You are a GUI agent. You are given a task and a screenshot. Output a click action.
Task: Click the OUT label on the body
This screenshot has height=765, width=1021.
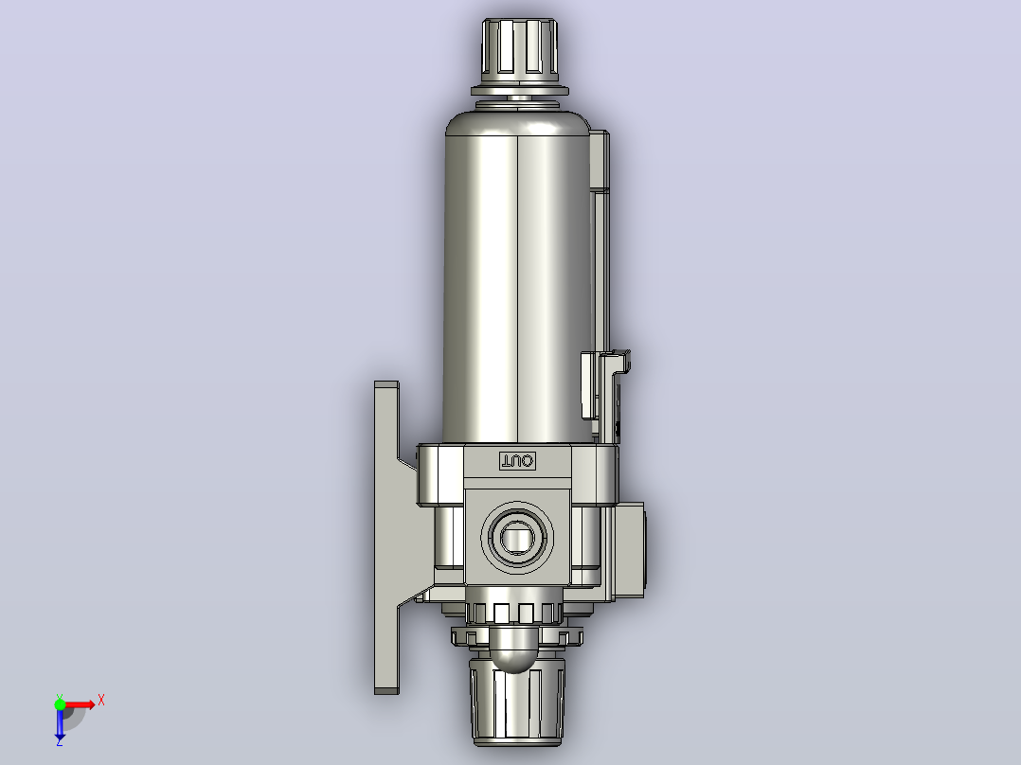[x=518, y=461]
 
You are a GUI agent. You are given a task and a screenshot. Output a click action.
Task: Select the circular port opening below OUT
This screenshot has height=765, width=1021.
[x=518, y=537]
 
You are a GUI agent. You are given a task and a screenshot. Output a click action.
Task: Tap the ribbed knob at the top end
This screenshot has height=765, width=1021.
[x=520, y=51]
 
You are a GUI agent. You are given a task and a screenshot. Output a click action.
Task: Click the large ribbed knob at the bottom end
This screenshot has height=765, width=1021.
[x=517, y=702]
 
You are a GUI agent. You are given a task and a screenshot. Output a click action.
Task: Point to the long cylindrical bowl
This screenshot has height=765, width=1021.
[x=518, y=280]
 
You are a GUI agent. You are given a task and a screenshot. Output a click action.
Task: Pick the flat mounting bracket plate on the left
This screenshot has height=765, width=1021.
[x=386, y=538]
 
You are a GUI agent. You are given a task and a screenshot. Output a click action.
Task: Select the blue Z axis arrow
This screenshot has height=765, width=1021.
[x=60, y=721]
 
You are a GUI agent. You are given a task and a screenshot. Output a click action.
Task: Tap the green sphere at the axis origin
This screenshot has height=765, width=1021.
[x=60, y=704]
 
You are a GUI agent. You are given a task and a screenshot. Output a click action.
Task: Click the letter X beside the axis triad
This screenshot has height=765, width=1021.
[x=101, y=701]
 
